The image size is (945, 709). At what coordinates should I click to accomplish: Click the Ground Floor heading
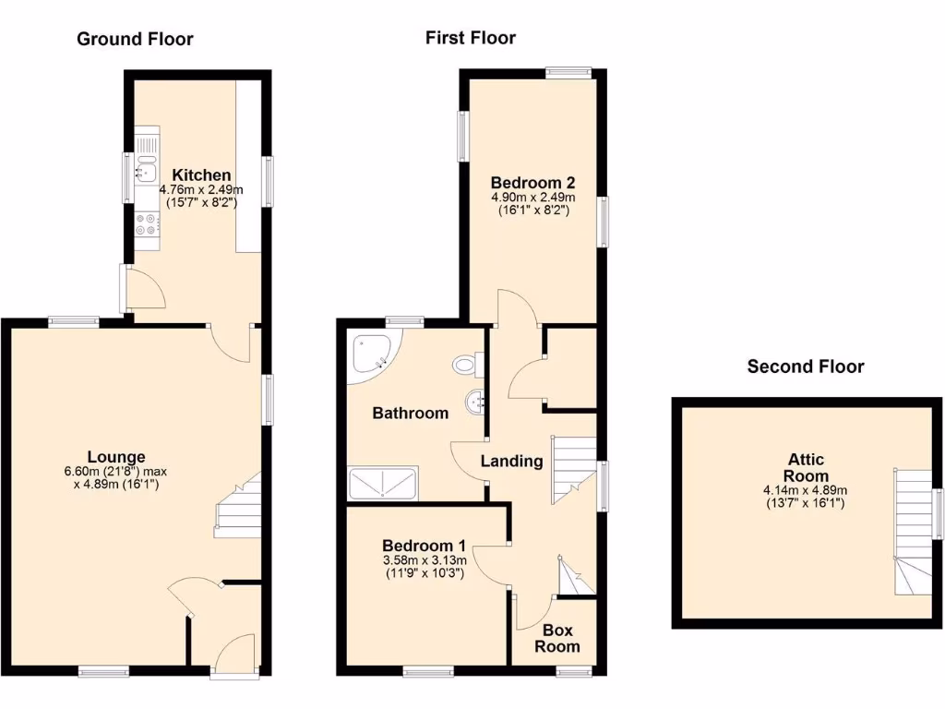coord(135,39)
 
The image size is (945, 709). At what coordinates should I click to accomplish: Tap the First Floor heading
coord(470,38)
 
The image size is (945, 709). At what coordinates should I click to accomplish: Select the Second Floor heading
coord(805,367)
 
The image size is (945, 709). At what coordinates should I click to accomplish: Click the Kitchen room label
coord(202,175)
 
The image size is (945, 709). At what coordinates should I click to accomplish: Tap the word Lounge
coord(116,456)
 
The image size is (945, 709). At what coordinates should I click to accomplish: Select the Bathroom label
coord(410,413)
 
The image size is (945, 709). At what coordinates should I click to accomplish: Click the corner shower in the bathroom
coord(374,353)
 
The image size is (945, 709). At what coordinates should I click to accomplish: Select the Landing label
coord(512,461)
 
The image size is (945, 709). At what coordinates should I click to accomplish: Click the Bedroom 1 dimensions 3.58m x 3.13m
coord(425,560)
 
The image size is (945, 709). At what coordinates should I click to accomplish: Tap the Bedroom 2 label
coord(532,181)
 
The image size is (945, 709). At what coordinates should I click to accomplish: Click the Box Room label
coord(557,638)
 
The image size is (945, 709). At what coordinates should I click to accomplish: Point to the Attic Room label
coord(806,468)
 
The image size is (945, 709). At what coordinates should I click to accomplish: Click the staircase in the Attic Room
coord(911,530)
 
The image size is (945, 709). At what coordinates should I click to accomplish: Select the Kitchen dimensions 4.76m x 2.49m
coord(200,190)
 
